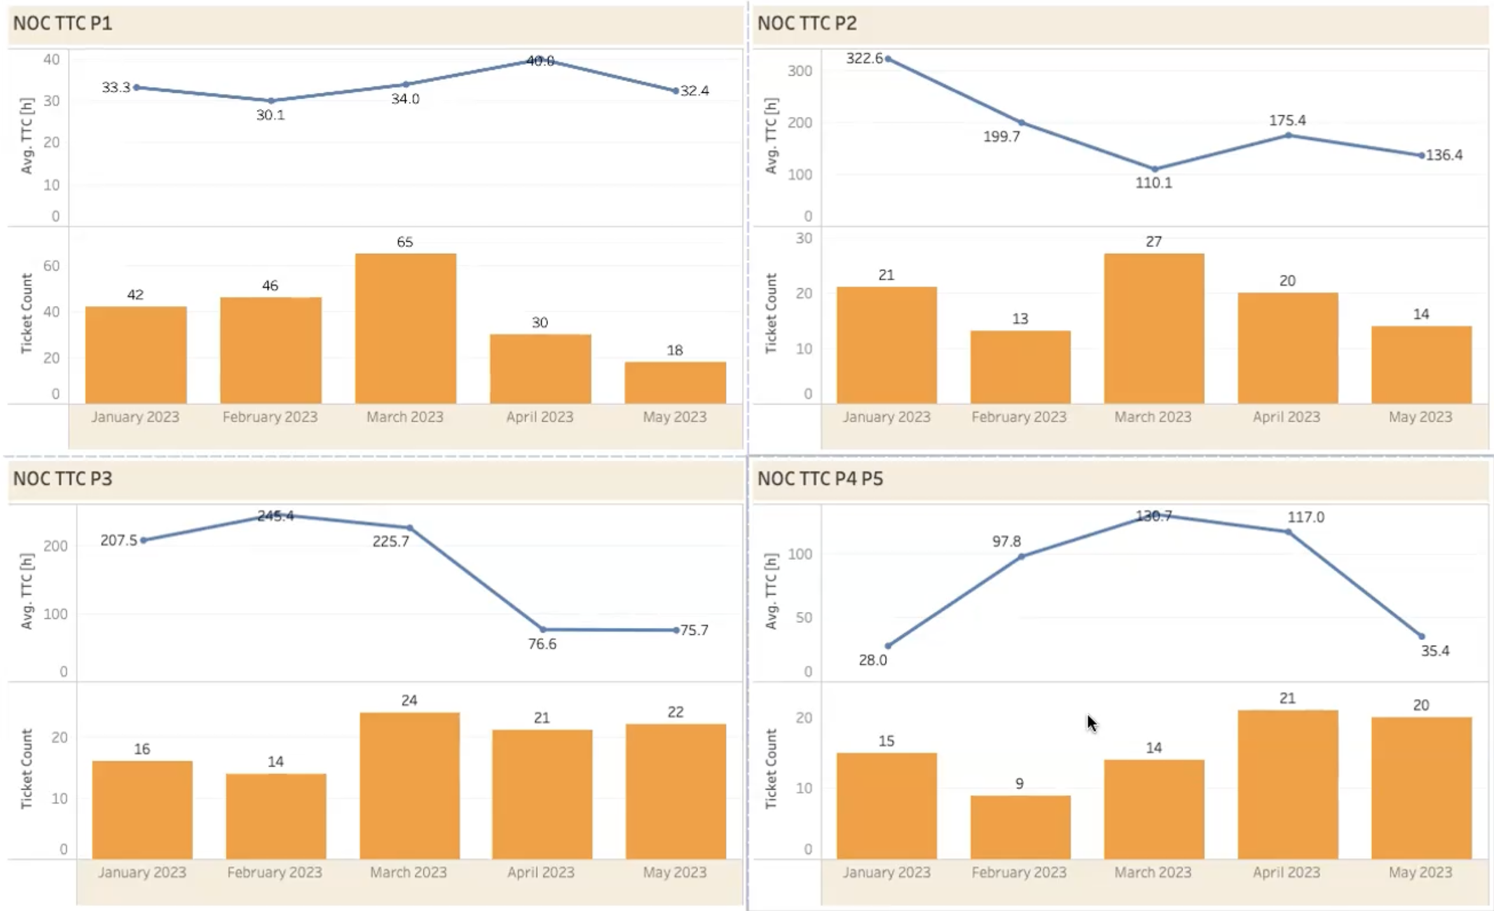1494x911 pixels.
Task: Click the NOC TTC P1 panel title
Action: (x=63, y=24)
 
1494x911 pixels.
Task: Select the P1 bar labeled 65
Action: (x=405, y=328)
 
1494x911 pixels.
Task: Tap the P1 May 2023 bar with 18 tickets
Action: (x=675, y=382)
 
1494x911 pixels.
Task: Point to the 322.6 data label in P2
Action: (x=864, y=59)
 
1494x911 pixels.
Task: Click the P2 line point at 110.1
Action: (x=1155, y=169)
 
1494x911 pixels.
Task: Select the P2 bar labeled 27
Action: (x=1153, y=328)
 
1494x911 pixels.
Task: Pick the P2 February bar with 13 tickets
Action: (x=1020, y=366)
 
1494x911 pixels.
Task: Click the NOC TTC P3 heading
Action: (x=63, y=478)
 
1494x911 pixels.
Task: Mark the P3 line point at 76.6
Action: (x=542, y=630)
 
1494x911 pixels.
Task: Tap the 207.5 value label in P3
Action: (x=119, y=541)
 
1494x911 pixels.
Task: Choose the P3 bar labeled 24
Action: (x=409, y=786)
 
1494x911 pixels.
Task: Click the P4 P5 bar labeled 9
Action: (x=1020, y=827)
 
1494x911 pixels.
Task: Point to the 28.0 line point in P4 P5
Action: (x=888, y=646)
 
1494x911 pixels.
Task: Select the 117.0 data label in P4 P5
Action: (x=1306, y=517)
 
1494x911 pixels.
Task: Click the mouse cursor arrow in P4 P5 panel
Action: (x=1091, y=723)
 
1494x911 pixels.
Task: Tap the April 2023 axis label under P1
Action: (x=540, y=417)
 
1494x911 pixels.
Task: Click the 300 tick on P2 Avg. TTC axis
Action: (x=800, y=71)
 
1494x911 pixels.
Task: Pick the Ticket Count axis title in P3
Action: (x=26, y=768)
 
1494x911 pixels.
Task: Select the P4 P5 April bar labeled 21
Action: (x=1287, y=784)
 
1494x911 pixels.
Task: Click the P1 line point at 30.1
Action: (x=271, y=101)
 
